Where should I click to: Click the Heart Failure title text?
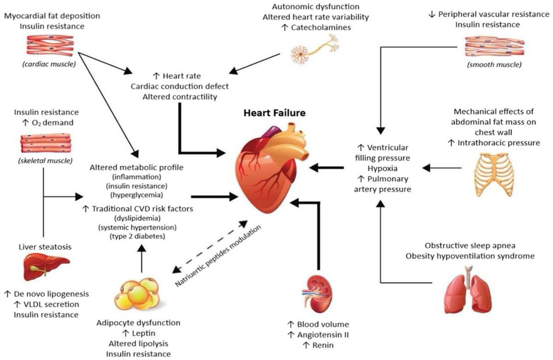274,113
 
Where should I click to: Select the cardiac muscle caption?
40,64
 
